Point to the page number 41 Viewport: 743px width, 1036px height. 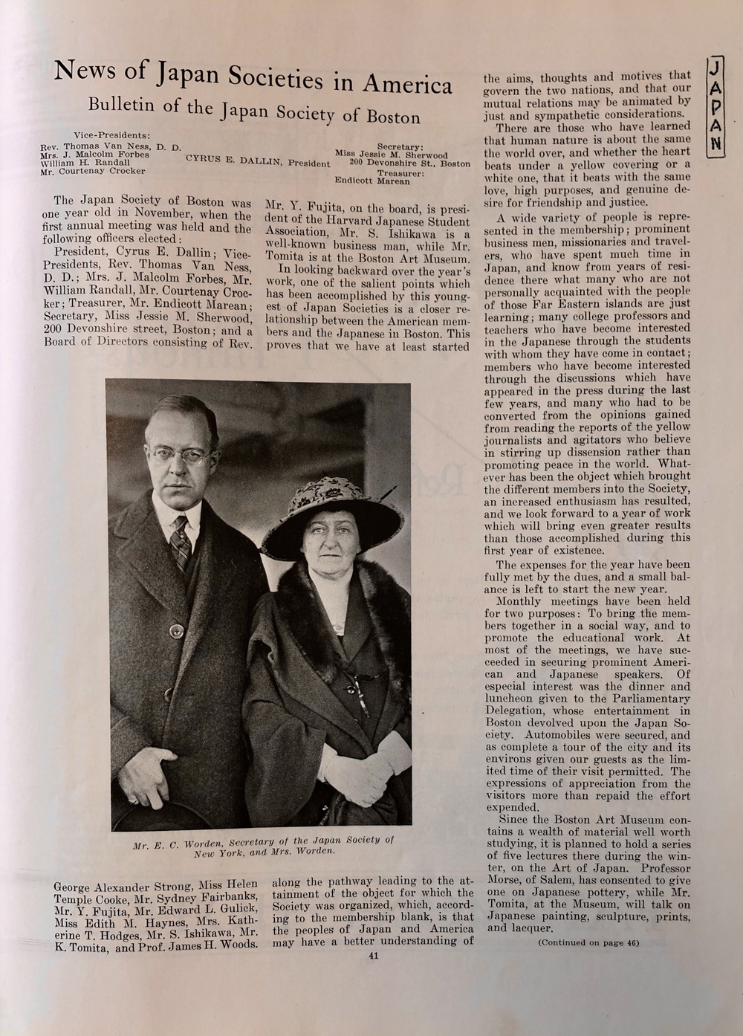point(373,956)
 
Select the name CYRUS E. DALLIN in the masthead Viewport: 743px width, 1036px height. point(233,161)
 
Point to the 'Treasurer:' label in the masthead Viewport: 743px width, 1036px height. point(401,172)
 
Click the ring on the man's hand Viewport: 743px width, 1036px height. point(132,800)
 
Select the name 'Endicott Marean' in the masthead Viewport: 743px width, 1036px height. point(372,181)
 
